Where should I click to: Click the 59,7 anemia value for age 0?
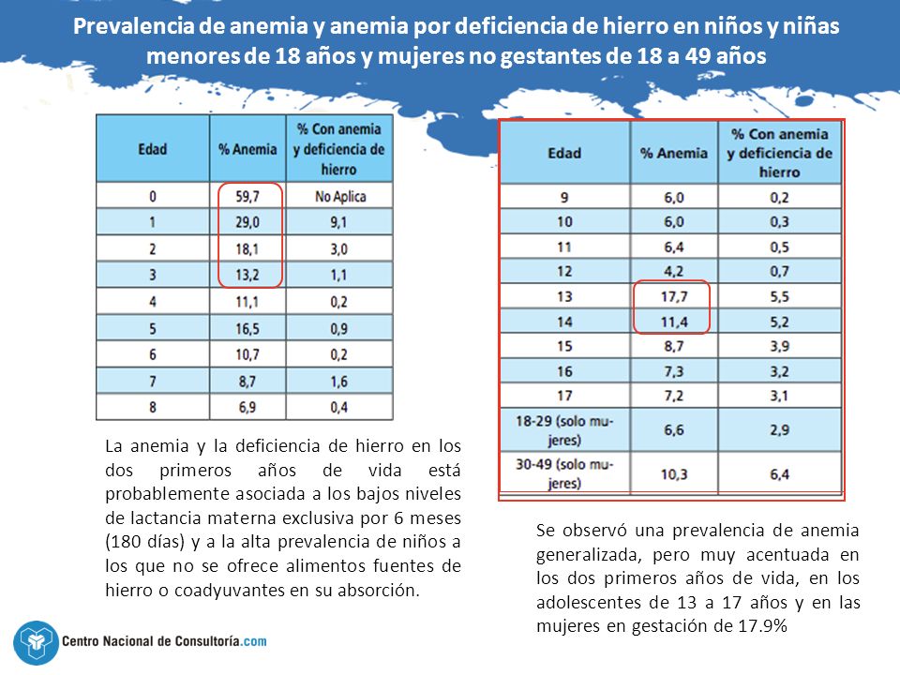[x=247, y=196]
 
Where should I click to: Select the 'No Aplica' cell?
[x=339, y=196]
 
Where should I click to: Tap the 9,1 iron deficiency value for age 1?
[x=338, y=222]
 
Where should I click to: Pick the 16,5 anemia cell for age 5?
[x=247, y=329]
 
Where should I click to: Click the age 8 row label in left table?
[x=153, y=407]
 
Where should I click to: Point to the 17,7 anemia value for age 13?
[x=673, y=297]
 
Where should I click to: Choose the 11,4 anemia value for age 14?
[x=673, y=322]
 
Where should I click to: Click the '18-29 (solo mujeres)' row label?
[x=564, y=430]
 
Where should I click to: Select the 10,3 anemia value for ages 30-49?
[x=673, y=474]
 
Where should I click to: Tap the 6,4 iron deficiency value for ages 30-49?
[x=779, y=474]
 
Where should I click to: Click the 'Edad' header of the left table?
[x=153, y=149]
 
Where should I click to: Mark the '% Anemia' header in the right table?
[x=673, y=153]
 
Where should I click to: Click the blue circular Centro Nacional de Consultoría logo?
[x=36, y=642]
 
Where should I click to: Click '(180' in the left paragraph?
[x=122, y=542]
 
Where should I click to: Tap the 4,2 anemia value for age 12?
[x=673, y=272]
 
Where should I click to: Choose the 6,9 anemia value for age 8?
[x=247, y=407]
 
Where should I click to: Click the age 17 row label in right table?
[x=564, y=396]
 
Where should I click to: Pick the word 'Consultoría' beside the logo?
[x=206, y=641]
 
